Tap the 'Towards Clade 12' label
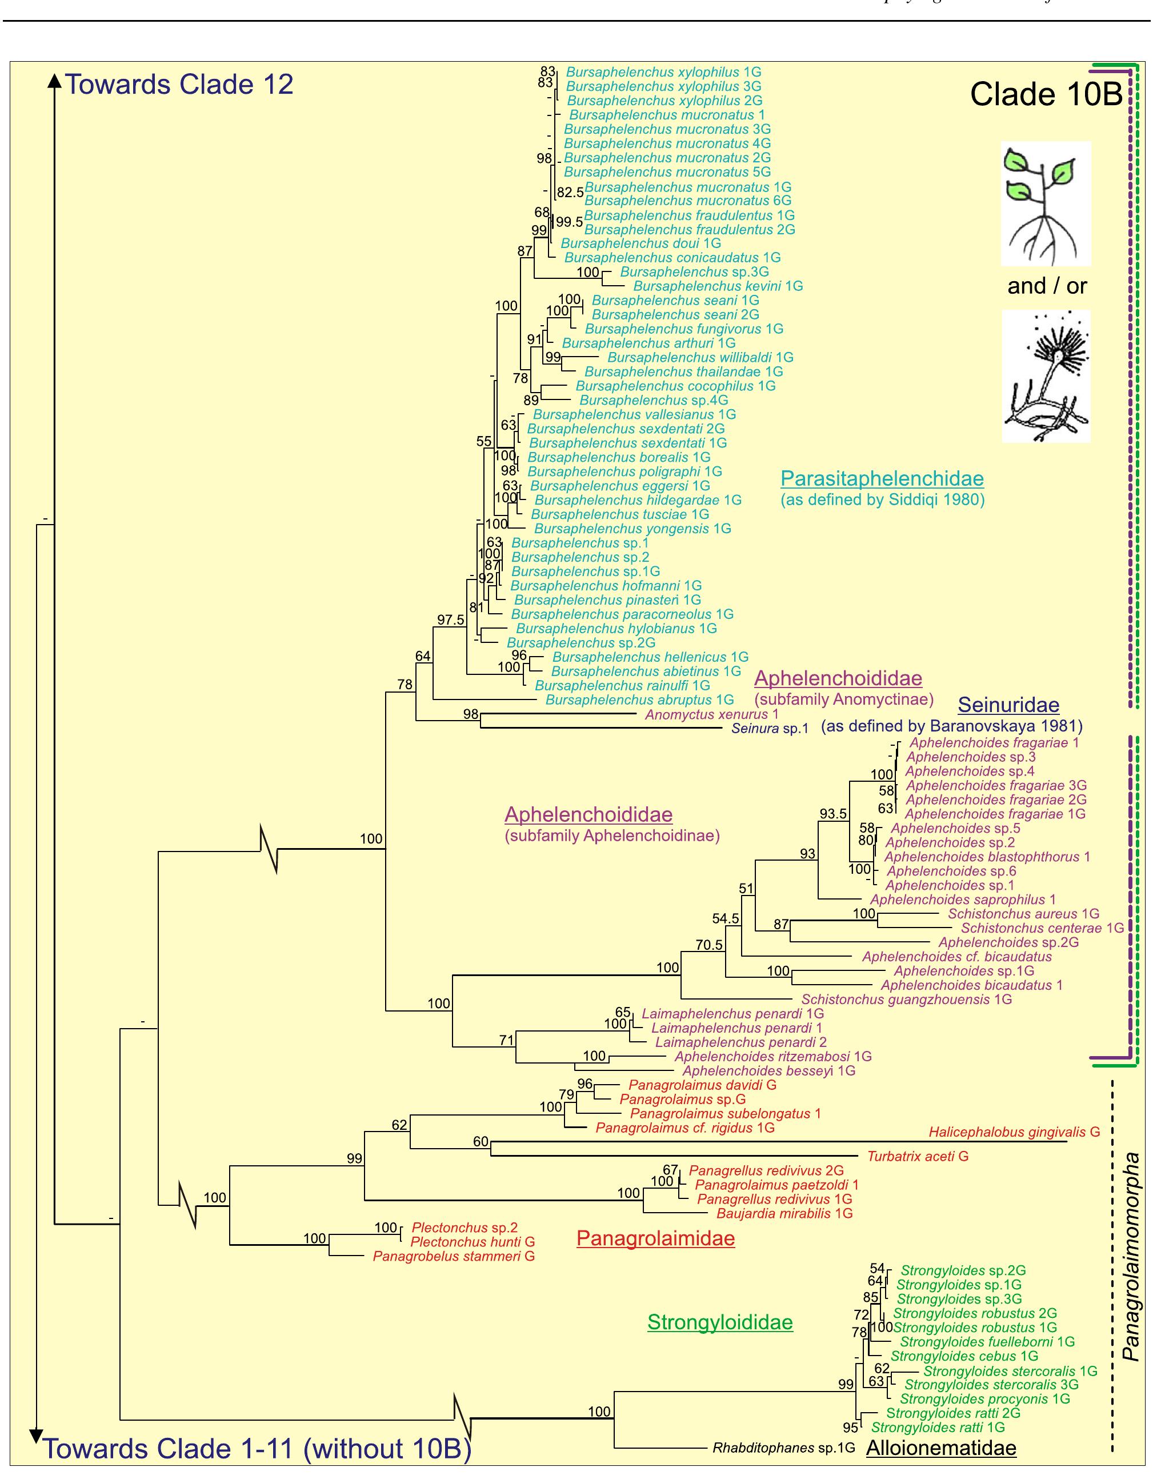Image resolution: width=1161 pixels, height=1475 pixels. (x=179, y=85)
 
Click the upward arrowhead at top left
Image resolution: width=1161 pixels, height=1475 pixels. (x=54, y=80)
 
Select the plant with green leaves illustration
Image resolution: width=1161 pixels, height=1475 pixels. (x=1046, y=203)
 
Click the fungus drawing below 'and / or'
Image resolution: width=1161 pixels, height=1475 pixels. (x=1046, y=376)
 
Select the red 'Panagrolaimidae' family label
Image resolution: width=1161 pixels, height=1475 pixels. (x=655, y=1238)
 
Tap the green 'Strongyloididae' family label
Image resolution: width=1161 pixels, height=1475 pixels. (x=720, y=1322)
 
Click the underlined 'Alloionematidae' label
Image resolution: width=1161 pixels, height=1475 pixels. (x=941, y=1448)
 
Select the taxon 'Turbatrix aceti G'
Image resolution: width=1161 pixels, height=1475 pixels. (x=918, y=1156)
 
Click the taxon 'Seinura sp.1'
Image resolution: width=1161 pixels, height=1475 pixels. (x=770, y=729)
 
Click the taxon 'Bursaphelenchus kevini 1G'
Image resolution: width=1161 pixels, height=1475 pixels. (x=718, y=286)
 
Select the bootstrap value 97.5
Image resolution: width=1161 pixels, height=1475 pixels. (x=451, y=620)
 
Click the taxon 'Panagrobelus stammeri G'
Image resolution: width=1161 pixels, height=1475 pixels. (x=454, y=1256)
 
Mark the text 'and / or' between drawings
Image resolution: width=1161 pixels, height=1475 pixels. (x=1047, y=286)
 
